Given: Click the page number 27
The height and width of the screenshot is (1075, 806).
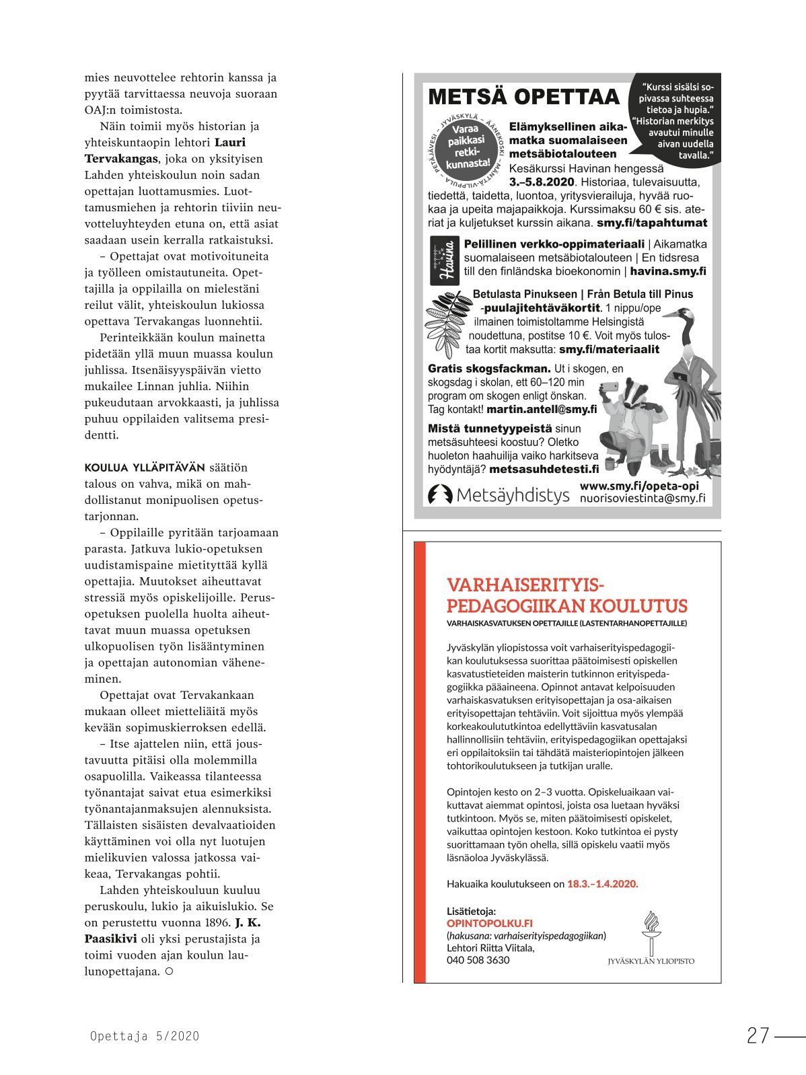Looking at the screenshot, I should (x=758, y=1035).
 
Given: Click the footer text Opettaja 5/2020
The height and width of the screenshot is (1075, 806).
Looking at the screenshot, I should (x=145, y=1037).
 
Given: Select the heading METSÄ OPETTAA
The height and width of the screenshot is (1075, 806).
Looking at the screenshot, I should (x=523, y=97).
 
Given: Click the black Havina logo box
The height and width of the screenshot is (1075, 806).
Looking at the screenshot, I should (x=444, y=260).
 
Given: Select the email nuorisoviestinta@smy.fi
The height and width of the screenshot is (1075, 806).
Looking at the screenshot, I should (x=642, y=498).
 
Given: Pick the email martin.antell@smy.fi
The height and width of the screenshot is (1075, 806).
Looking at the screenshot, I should (x=541, y=409).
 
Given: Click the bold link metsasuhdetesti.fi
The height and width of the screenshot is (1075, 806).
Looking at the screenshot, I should (x=544, y=469).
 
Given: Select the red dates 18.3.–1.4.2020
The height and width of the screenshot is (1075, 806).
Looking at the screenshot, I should (x=602, y=884).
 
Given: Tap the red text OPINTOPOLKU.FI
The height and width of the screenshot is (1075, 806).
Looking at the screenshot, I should (x=489, y=924).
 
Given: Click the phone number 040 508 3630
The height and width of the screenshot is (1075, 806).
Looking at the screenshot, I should (x=478, y=960).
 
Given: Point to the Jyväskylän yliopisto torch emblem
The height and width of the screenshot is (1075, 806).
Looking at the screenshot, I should (x=650, y=932).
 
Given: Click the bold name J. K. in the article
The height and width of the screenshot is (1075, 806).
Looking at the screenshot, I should (x=248, y=922).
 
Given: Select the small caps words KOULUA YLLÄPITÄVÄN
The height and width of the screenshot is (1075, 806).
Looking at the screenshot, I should (x=145, y=468).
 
